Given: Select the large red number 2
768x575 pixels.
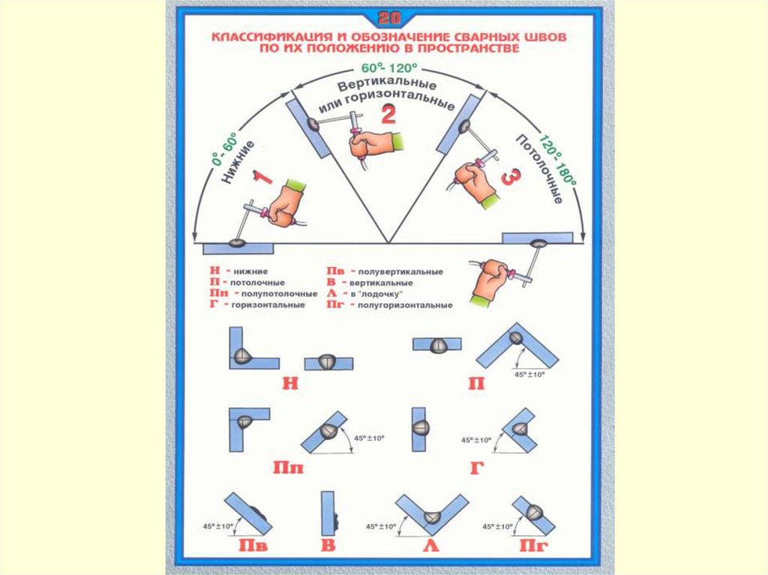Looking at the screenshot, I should tap(388, 114).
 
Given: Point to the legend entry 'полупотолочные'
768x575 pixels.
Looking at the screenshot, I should tap(268, 295).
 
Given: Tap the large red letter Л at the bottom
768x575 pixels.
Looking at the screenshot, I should tap(430, 545).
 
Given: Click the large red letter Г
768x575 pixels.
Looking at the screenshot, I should tap(475, 469).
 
